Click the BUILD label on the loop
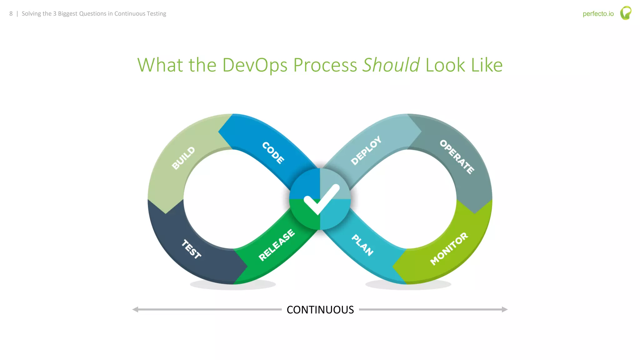tap(183, 158)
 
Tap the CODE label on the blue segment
tap(273, 153)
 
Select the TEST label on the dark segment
tap(191, 249)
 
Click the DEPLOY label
tap(366, 150)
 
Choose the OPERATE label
tap(457, 157)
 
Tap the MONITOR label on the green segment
tap(449, 249)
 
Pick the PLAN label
tap(362, 245)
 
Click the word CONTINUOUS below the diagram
tap(320, 310)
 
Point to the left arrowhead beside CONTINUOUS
tap(135, 310)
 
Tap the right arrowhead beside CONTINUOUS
tap(505, 310)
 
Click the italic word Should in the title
tap(391, 65)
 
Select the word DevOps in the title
tap(254, 65)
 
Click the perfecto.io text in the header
tap(598, 14)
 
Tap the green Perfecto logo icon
tap(626, 13)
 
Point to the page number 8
tap(11, 14)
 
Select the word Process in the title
tap(325, 65)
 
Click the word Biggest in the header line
tap(68, 14)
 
